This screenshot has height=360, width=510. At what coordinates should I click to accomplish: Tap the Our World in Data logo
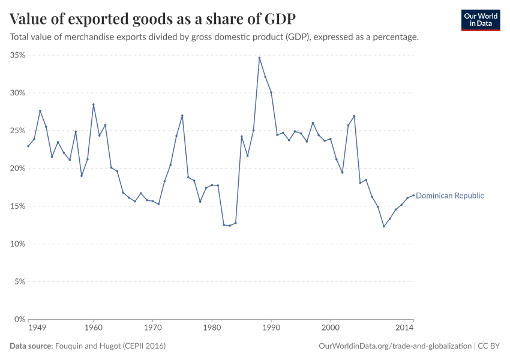[x=480, y=20]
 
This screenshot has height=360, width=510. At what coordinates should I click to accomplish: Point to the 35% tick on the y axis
[x=17, y=55]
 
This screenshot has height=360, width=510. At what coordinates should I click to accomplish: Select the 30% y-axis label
[x=17, y=93]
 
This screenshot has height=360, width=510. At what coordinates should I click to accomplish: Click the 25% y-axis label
[x=17, y=131]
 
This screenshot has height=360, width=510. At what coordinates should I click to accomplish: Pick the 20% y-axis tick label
[x=17, y=169]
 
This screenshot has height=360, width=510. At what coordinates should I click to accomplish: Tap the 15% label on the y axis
[x=17, y=206]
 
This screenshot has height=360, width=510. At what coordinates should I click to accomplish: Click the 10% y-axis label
[x=17, y=244]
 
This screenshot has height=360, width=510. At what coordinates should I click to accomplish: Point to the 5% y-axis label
[x=19, y=282]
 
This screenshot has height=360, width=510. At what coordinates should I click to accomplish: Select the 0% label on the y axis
[x=19, y=319]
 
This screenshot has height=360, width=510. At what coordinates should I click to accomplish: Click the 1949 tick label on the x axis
[x=37, y=328]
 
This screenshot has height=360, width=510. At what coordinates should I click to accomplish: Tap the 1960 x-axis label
[x=94, y=328]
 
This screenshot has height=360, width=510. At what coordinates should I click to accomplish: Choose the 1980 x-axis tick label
[x=212, y=328]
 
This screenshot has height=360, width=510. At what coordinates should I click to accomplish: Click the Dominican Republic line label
[x=449, y=196]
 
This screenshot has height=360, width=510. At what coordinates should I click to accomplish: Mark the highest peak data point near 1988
[x=259, y=58]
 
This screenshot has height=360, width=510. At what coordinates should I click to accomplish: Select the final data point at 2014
[x=413, y=195]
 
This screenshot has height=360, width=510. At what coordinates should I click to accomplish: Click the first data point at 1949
[x=28, y=146]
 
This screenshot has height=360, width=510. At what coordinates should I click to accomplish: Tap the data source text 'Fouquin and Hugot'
[x=110, y=346]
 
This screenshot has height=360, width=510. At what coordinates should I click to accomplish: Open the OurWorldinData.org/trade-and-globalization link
[x=396, y=346]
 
